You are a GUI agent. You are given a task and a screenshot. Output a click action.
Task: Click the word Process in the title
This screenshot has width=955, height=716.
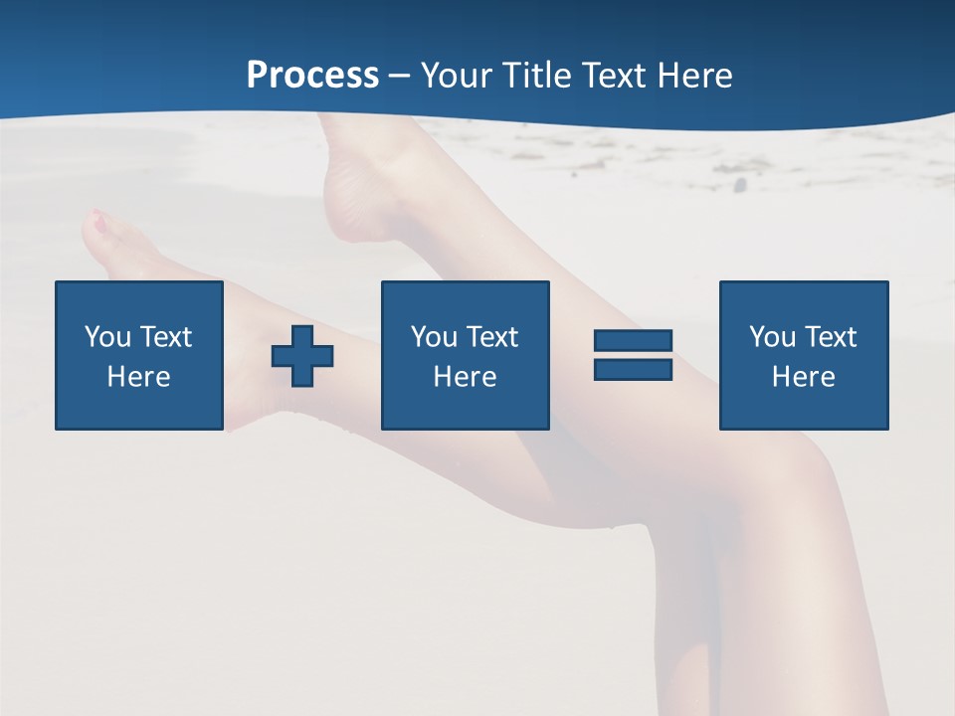pos(312,76)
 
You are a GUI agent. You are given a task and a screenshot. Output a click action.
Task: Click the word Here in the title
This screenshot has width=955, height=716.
pos(695,76)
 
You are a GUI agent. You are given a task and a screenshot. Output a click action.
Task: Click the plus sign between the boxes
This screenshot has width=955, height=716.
pos(302,356)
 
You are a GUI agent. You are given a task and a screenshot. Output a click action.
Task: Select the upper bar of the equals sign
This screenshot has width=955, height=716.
pos(633,341)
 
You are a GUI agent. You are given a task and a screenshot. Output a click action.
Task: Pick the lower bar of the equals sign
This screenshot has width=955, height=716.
pos(633,369)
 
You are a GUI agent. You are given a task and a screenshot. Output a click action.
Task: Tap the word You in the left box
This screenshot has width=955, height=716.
pos(107,337)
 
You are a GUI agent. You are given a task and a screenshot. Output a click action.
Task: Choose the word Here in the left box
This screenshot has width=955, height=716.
pos(138,377)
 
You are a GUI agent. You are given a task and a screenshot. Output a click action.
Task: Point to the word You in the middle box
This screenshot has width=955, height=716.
pos(434,337)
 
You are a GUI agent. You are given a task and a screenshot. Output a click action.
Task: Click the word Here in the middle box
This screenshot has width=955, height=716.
pos(465,377)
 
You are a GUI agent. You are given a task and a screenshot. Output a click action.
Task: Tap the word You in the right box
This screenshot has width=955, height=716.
pos(772,337)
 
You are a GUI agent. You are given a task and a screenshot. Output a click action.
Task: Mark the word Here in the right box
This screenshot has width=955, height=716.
pos(803,377)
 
